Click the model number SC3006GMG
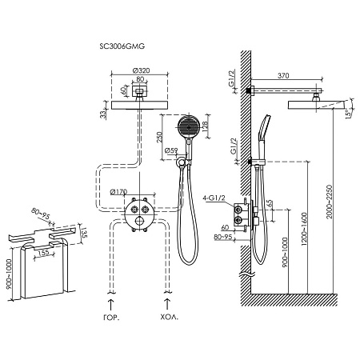pos(122,46)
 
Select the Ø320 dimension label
pos(141,70)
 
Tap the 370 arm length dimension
pos(283,76)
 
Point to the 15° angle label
pos(348,114)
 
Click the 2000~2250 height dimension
pos(330,202)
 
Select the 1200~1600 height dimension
pos(304,229)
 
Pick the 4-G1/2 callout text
pos(214,198)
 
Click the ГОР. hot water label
pos(111,318)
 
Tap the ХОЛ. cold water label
pos(170,318)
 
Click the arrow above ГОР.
pos(110,305)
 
